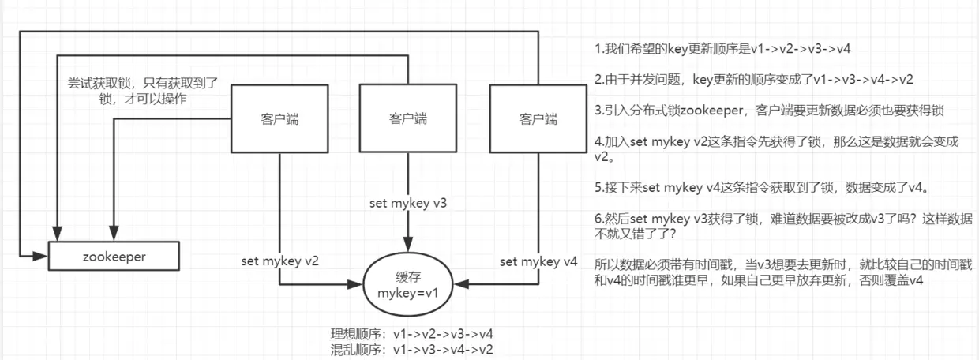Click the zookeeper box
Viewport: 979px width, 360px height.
pyautogui.click(x=113, y=257)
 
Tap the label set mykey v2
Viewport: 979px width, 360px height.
pyautogui.click(x=280, y=261)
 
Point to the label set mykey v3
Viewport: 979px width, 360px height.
pyautogui.click(x=408, y=203)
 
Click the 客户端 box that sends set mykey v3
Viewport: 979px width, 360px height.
pyautogui.click(x=408, y=118)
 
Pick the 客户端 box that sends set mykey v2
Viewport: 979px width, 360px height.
pyautogui.click(x=280, y=119)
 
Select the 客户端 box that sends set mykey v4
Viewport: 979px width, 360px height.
pyautogui.click(x=538, y=119)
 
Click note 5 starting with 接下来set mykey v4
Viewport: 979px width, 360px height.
pyautogui.click(x=761, y=188)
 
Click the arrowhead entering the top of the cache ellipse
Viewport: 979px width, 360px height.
pyautogui.click(x=408, y=246)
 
